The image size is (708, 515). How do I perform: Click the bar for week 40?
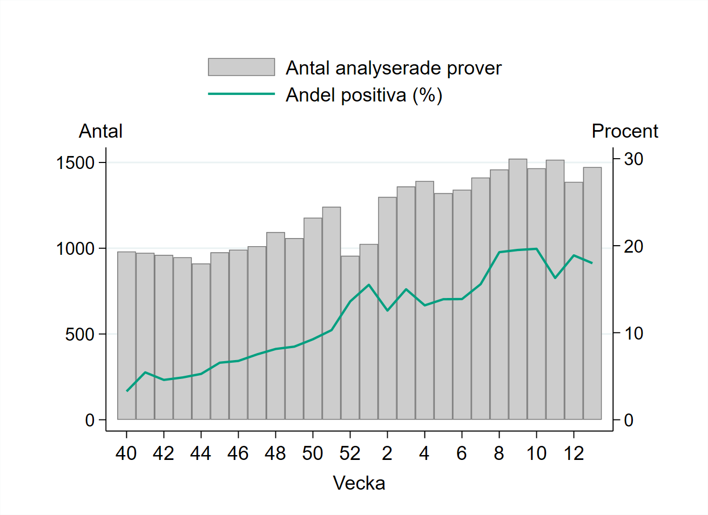tap(126, 335)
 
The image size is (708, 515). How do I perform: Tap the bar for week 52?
tap(350, 337)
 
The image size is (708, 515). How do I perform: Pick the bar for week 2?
tap(387, 308)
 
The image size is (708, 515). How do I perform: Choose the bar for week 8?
tap(499, 294)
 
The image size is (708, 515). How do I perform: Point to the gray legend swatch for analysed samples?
tap(241, 67)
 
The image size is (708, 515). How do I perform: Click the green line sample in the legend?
tap(241, 94)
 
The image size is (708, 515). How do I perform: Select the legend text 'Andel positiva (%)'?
tap(364, 95)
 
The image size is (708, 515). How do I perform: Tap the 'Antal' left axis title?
tap(100, 131)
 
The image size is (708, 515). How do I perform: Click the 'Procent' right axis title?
tap(624, 131)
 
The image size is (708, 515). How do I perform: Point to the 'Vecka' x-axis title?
tap(359, 483)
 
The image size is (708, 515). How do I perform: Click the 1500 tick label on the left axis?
tap(75, 162)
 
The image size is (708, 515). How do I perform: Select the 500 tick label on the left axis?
tap(79, 334)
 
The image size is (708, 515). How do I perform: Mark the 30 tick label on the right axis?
tap(633, 159)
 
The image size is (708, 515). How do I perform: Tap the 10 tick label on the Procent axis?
tap(633, 334)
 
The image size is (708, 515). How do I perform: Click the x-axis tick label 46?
tap(238, 453)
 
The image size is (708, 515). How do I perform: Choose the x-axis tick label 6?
tap(462, 453)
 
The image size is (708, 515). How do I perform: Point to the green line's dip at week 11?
tap(555, 278)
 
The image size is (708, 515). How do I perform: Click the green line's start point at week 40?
tap(127, 391)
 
